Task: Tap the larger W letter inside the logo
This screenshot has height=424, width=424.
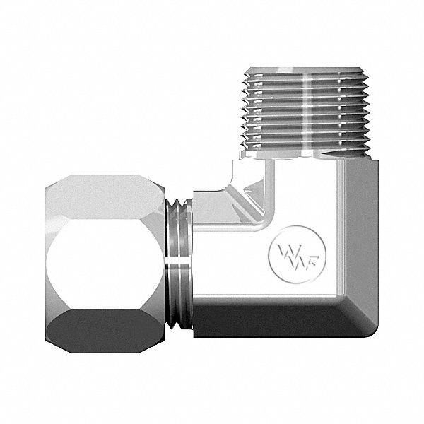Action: point(285,250)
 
